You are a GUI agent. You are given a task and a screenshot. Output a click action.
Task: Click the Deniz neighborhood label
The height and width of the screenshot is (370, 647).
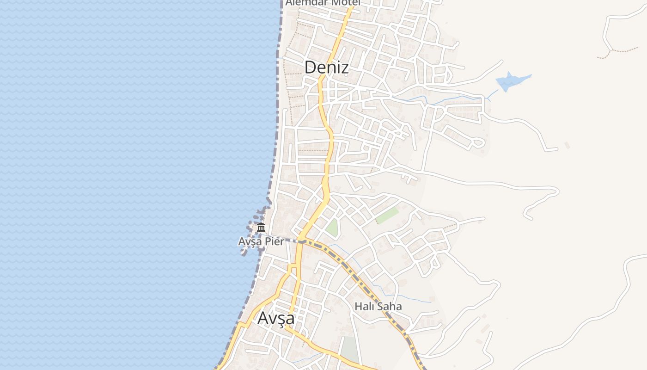pos(326,68)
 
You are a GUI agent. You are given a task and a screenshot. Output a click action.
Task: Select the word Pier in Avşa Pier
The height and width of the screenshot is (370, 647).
pos(274,241)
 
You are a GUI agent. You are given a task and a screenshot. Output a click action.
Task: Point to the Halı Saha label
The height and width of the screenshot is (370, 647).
pos(378,306)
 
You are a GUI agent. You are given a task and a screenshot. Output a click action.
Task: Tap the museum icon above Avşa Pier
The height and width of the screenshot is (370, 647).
pos(261,227)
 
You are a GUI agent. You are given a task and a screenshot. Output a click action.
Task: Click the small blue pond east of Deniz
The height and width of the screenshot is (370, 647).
pos(511,81)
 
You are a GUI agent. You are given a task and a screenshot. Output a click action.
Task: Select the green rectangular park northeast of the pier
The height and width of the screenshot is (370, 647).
pos(387,215)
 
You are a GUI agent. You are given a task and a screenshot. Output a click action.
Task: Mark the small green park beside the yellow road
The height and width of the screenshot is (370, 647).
pos(332,227)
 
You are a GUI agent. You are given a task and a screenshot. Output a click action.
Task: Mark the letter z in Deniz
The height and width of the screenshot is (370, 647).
pos(344,68)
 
